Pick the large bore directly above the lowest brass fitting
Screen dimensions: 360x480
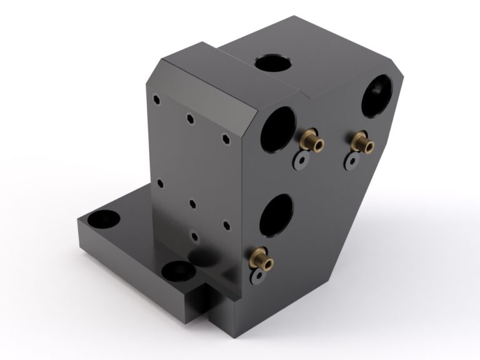276,215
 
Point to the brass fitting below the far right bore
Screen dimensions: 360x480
362,142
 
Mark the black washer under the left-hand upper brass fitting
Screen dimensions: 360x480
302,160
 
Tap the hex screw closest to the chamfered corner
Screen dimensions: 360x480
226,139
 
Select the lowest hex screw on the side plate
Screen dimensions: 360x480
194,236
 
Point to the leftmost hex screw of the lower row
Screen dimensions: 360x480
160,184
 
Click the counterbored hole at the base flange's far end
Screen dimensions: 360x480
101,219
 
